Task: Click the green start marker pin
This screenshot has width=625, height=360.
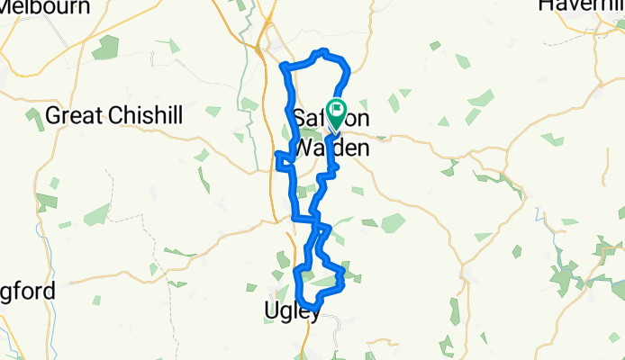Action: tap(337, 112)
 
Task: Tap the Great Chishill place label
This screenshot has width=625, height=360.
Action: tap(114, 115)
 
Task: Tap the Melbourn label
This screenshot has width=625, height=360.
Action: tap(45, 7)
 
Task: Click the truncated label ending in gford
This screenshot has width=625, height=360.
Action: tap(27, 291)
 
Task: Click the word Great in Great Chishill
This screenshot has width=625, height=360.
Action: tap(74, 115)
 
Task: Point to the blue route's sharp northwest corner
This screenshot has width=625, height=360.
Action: tap(285, 67)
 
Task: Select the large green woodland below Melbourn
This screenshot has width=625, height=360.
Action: tap(105, 47)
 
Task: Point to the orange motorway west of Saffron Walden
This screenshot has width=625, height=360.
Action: tap(271, 180)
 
